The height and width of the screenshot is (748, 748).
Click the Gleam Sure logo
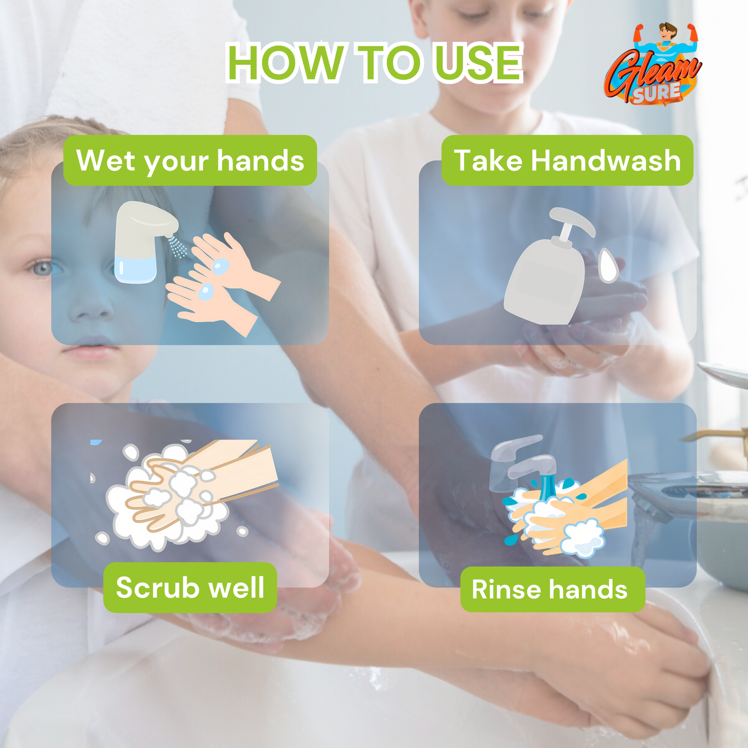pos(653,66)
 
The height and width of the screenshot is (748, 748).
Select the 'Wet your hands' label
pos(190,160)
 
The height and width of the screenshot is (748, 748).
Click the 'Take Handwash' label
pos(567,160)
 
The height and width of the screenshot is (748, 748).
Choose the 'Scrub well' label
pos(190,587)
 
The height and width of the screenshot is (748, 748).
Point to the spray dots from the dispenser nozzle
pos(178,247)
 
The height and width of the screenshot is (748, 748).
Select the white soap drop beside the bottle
pos(609,266)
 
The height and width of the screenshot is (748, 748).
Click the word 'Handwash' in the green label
pos(605,160)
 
